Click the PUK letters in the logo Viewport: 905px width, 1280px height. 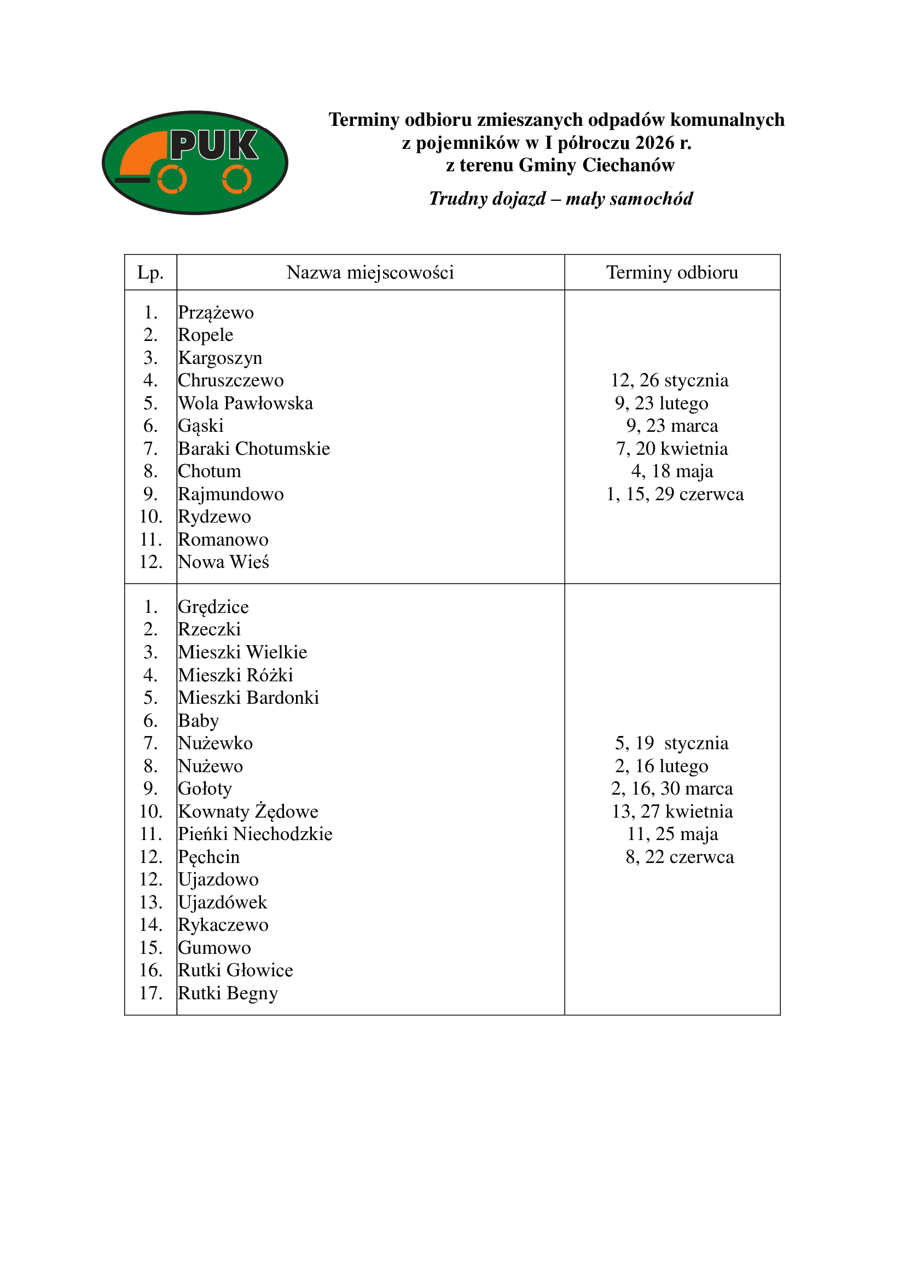pyautogui.click(x=214, y=145)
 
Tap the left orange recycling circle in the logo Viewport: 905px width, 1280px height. pyautogui.click(x=172, y=179)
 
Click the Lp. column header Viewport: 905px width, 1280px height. pyautogui.click(x=150, y=273)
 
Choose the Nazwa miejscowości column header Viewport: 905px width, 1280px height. pyautogui.click(x=370, y=273)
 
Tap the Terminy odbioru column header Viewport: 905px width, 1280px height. pyautogui.click(x=671, y=273)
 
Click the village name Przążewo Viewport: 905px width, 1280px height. pyautogui.click(x=216, y=313)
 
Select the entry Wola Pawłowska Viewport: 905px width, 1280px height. pyautogui.click(x=245, y=403)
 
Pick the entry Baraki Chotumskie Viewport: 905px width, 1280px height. pyautogui.click(x=254, y=449)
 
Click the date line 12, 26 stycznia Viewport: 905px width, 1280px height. pyautogui.click(x=669, y=380)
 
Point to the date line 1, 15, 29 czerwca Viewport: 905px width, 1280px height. pyautogui.click(x=674, y=494)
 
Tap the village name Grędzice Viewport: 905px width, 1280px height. pyautogui.click(x=213, y=606)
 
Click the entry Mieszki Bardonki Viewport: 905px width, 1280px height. pyautogui.click(x=248, y=697)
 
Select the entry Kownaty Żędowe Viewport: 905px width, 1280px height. pyautogui.click(x=248, y=811)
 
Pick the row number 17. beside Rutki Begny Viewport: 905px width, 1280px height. pyautogui.click(x=150, y=993)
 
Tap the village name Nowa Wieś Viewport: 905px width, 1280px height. pyautogui.click(x=223, y=562)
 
